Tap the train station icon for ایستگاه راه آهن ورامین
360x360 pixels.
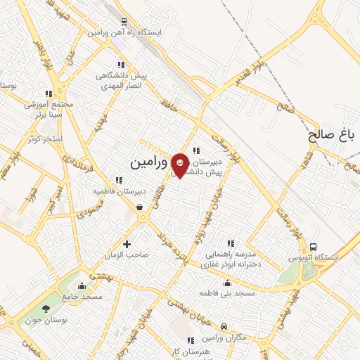coord(124,22)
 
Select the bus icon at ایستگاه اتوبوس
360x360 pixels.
coord(313,247)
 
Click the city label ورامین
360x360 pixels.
coord(150,162)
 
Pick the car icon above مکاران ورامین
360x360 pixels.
coord(223,326)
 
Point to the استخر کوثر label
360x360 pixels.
coord(47,139)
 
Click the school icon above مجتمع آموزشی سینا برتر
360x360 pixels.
coord(49,94)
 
